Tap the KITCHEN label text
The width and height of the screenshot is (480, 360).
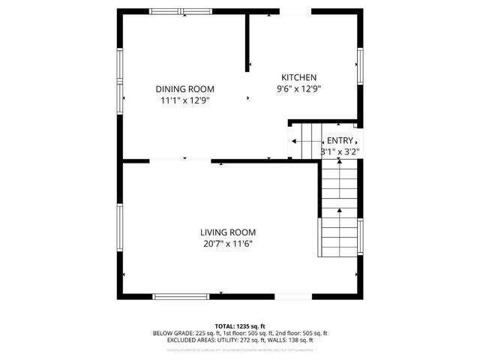tap(298, 77)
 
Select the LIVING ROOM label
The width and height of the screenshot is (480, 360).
tap(228, 232)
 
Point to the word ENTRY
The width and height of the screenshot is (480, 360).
tap(340, 140)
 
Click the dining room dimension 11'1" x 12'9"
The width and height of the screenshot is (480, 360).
tap(184, 100)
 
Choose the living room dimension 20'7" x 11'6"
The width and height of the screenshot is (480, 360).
tap(228, 243)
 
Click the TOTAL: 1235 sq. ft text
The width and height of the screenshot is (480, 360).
tap(240, 325)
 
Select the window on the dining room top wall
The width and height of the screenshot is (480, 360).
tap(181, 11)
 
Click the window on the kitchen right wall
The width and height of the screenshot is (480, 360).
tap(360, 66)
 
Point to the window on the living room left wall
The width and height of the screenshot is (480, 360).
tap(119, 226)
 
